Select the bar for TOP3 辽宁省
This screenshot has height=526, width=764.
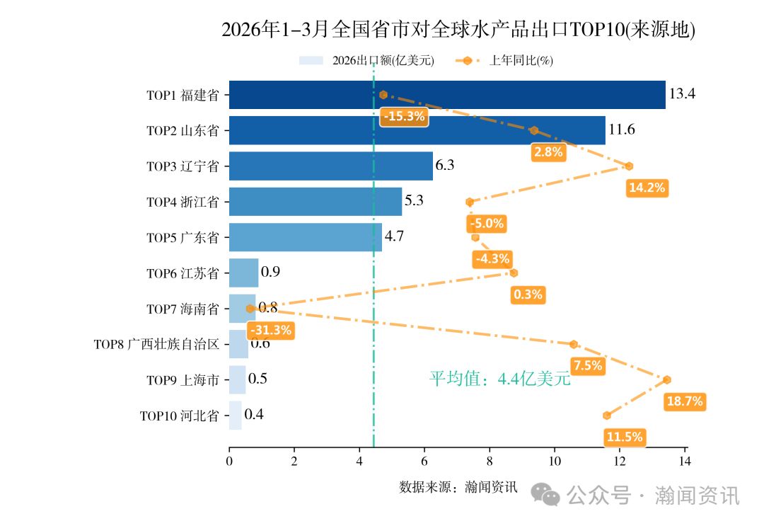coord(330,166)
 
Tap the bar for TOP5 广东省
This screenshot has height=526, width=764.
coord(305,237)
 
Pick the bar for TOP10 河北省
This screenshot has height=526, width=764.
coord(235,415)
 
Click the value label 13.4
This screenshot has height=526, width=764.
coord(682,94)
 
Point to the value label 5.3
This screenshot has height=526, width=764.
coord(414,201)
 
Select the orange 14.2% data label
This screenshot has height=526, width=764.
coord(647,188)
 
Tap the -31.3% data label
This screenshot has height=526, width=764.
coord(270,330)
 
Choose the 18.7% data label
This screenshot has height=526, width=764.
coord(685,401)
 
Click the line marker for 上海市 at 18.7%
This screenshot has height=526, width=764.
coord(667,380)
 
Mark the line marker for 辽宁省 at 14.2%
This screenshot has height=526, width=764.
coord(629,166)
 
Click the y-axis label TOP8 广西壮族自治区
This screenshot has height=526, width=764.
coord(156,345)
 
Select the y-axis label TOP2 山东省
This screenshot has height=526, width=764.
coord(183,131)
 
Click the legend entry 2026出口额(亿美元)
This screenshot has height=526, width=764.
coord(383,60)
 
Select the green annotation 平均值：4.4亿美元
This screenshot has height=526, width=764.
coord(499,379)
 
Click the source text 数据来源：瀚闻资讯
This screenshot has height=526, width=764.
coord(458,488)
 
